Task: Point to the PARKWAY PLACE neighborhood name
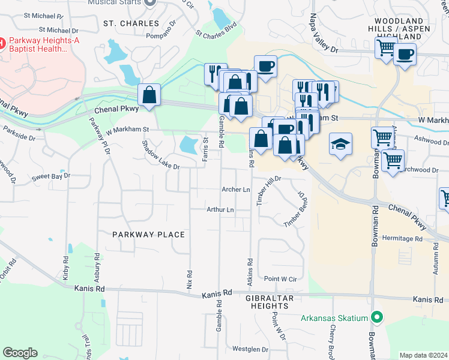click(x=148, y=234)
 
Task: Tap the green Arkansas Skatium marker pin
click(x=377, y=317)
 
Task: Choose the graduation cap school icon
click(x=340, y=144)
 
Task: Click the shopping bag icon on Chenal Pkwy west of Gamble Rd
click(x=148, y=95)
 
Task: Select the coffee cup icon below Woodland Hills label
click(x=405, y=55)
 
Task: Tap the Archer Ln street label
click(x=236, y=190)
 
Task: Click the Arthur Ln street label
click(x=220, y=209)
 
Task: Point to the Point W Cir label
click(x=280, y=279)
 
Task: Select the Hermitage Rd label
click(x=402, y=238)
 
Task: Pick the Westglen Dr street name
click(x=250, y=349)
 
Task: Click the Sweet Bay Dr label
click(x=51, y=177)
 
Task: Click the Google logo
click(x=20, y=353)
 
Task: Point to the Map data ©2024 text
click(x=423, y=355)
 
